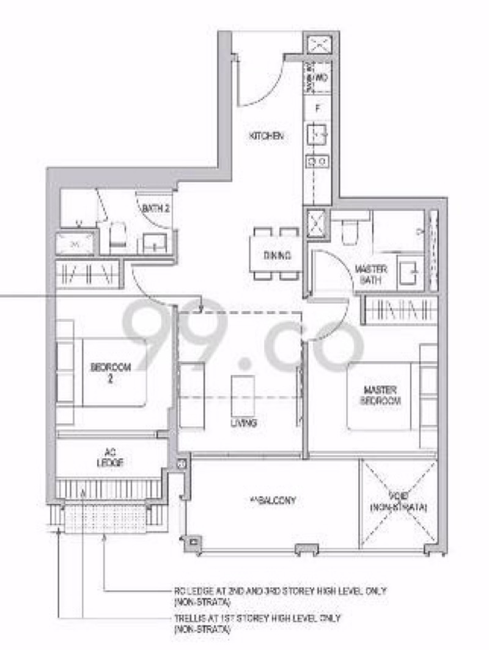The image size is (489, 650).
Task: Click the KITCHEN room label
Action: pos(266,137)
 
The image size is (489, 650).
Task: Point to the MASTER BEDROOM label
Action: pos(382,395)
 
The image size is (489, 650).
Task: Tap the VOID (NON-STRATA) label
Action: pos(399,502)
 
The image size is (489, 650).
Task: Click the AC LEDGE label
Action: pos(111,458)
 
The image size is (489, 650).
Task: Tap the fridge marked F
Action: pos(318,108)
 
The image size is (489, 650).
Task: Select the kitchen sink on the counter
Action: pos(318,133)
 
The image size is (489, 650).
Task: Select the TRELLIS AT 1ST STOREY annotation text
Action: pos(257,623)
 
